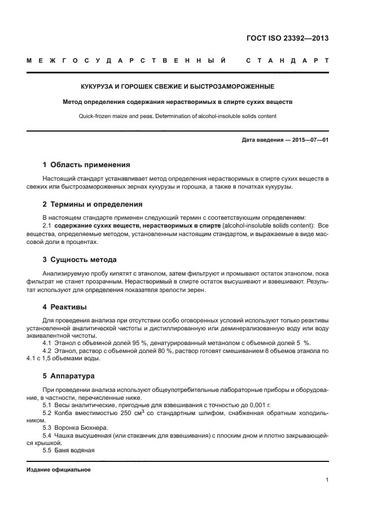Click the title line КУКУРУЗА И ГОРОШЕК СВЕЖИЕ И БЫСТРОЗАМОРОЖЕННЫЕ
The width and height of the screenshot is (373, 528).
(x=177, y=87)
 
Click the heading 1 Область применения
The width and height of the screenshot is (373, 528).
(x=86, y=165)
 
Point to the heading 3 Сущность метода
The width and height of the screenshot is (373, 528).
(x=80, y=260)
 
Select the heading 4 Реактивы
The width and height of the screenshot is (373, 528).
(x=65, y=307)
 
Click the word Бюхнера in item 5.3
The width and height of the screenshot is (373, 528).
(x=87, y=428)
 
